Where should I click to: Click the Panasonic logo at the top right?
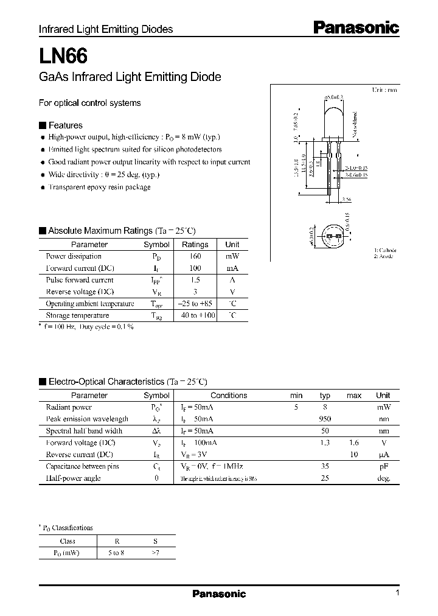point(356,27)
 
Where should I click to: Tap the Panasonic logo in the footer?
point(219,594)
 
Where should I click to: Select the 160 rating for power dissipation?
point(195,256)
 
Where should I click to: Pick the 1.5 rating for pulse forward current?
point(195,280)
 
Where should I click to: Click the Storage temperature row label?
point(77,315)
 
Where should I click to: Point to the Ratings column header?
point(195,245)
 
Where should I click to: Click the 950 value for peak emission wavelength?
point(325,419)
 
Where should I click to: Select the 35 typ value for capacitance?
point(325,466)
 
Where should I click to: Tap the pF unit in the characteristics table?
point(383,466)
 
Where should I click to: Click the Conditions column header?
point(229,396)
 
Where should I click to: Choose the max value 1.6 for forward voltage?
point(353,443)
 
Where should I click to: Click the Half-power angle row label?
point(73,478)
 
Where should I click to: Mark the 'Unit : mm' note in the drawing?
point(384,89)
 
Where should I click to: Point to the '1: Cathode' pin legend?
point(385,250)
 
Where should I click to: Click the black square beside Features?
point(42,125)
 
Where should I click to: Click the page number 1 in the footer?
point(397,593)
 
